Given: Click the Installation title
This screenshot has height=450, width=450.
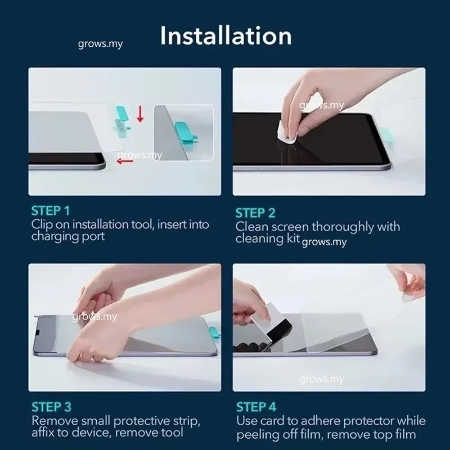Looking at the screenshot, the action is pos(226,35).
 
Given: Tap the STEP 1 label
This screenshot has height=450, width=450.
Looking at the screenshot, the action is pos(51,210).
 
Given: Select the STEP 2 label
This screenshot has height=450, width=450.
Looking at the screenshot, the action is pos(255,213).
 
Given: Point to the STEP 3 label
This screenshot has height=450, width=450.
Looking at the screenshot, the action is pos(51,407).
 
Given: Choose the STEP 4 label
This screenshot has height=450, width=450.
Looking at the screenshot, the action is pos(256,407).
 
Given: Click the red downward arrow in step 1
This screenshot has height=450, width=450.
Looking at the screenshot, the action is pos(140,114).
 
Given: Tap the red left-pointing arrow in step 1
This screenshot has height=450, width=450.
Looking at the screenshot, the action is pos(125,161).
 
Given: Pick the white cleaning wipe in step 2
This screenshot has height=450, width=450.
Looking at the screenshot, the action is pos(286,133).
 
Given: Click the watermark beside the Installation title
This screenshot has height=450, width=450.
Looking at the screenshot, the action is pos(101,44).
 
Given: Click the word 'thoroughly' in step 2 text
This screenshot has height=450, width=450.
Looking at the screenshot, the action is pos(343,227).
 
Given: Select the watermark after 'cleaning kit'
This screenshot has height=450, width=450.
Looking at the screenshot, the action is pos(325,242).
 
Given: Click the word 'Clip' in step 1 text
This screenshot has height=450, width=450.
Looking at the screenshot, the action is pos(42,224).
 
